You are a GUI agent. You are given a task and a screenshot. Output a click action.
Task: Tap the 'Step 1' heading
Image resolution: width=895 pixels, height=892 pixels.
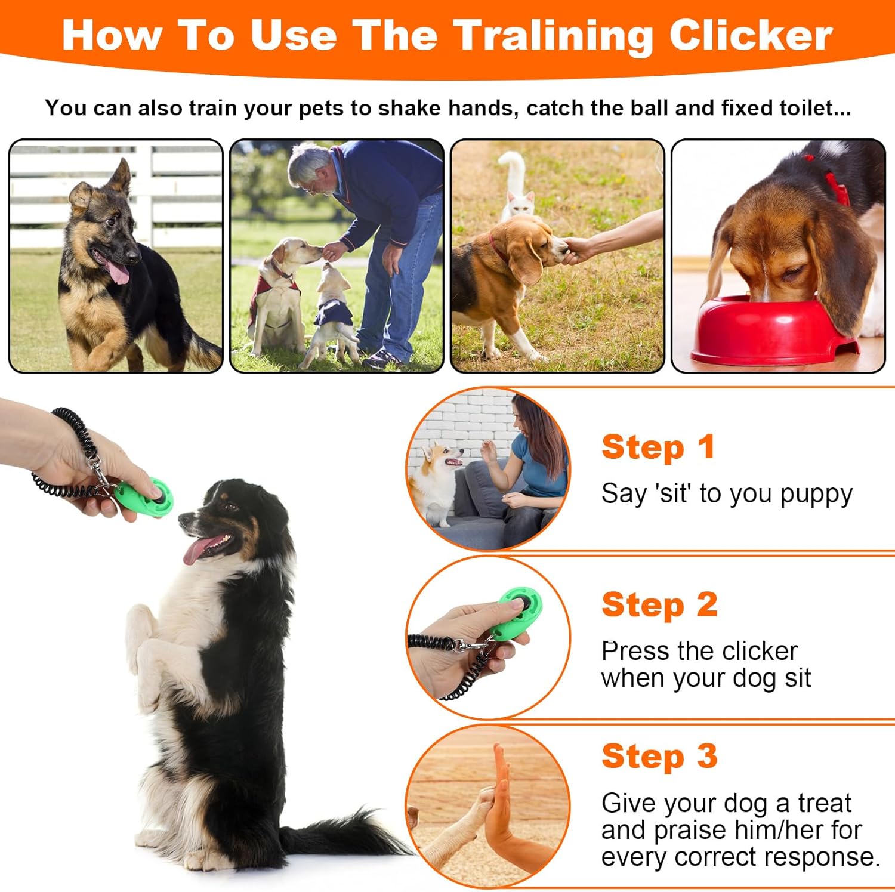658,447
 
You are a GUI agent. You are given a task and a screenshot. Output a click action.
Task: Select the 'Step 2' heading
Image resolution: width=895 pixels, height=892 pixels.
659,605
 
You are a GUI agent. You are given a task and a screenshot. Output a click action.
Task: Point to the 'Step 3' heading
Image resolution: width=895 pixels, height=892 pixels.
659,757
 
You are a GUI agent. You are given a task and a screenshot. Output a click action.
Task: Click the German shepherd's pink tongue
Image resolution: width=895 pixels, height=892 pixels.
118,271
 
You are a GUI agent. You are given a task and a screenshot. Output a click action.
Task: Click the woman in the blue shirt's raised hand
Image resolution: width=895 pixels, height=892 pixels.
490,450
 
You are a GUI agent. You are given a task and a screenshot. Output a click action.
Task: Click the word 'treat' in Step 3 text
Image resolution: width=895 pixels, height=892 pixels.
825,803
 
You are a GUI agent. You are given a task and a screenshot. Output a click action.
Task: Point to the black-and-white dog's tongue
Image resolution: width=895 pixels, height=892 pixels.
196,551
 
